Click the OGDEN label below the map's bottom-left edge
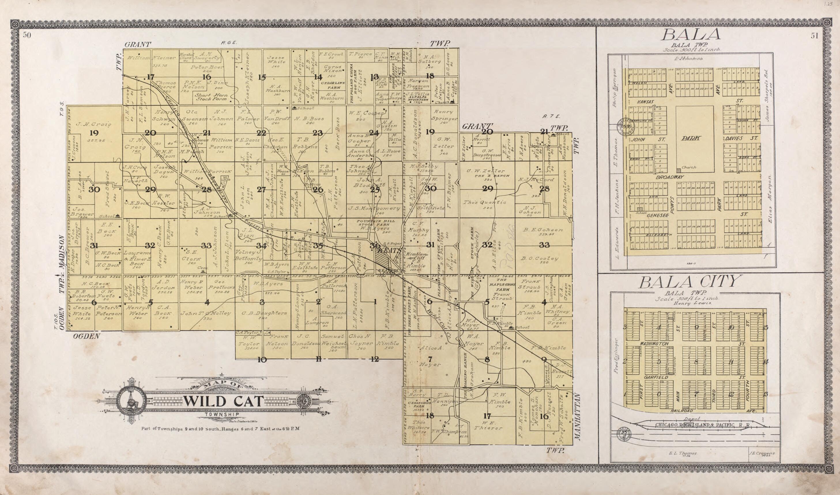click(86, 337)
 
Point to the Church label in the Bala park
click(689, 167)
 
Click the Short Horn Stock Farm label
click(211, 97)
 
